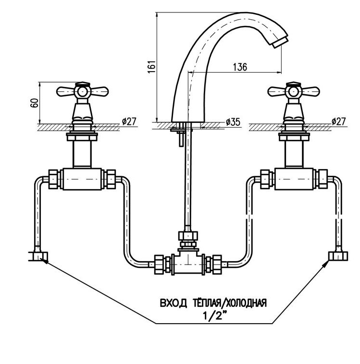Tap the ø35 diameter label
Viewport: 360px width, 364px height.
233,122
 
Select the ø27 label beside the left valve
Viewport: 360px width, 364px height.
128,121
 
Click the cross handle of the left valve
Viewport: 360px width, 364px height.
81,90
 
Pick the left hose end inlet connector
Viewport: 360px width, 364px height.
37,255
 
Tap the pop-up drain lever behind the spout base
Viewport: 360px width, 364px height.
179,134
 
